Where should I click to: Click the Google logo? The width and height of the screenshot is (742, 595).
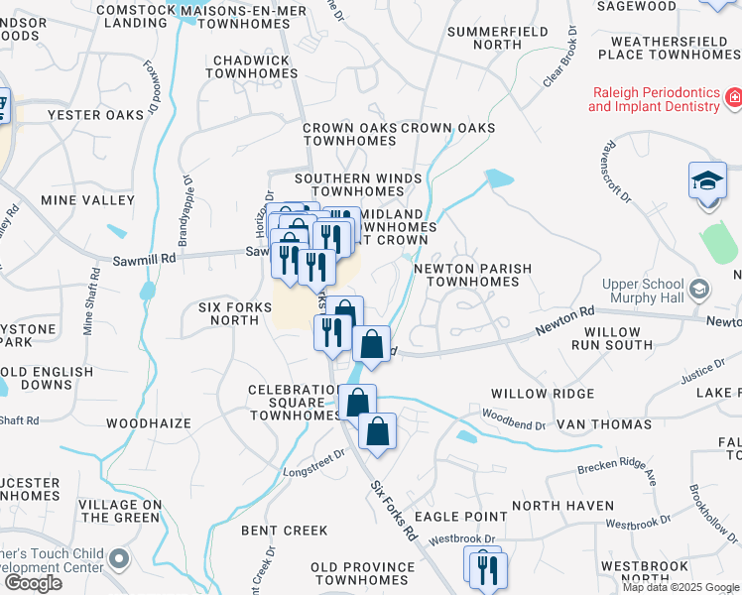tap(33, 583)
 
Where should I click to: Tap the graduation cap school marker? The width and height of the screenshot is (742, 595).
tap(708, 181)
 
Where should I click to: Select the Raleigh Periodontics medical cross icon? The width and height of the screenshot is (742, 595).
tap(733, 98)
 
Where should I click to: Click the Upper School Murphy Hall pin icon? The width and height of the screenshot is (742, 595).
tap(699, 291)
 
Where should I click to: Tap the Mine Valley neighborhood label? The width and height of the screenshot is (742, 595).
tap(87, 200)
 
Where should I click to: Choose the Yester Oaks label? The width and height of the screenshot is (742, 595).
tap(96, 115)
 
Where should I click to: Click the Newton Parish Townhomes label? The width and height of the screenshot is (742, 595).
tap(472, 275)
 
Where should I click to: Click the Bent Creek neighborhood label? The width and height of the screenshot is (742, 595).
tap(285, 531)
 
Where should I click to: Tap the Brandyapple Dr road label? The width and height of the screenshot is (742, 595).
tap(185, 210)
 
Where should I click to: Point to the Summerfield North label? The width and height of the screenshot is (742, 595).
tap(484, 38)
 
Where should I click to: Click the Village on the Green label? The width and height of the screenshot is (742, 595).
tap(120, 511)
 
